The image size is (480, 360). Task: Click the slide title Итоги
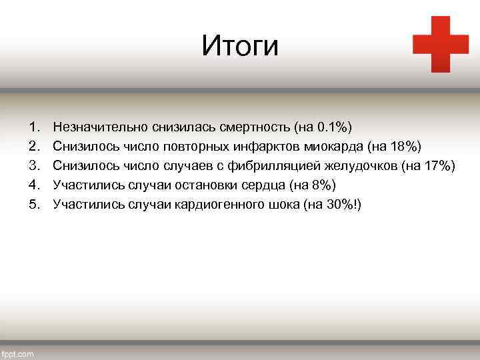[240, 46]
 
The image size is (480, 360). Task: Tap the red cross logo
[440, 44]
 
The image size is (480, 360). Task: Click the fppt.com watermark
[18, 353]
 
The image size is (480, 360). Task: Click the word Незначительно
[100, 126]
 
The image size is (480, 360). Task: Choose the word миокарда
[337, 145]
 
